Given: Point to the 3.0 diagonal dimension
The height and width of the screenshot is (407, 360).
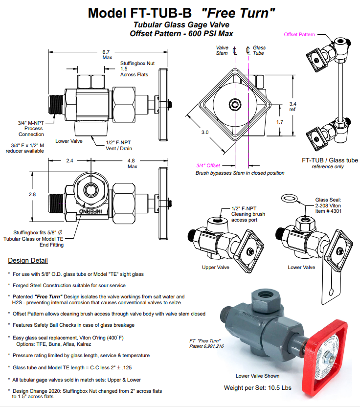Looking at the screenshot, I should click(x=204, y=132).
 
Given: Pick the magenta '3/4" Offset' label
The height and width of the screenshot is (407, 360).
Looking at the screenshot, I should click(x=207, y=165).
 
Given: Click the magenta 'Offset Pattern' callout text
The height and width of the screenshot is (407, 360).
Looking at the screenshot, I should click(x=299, y=35).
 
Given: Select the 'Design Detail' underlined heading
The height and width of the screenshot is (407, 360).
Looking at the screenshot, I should click(x=28, y=260).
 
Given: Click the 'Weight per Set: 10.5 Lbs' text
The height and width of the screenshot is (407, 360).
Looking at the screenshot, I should click(x=257, y=388).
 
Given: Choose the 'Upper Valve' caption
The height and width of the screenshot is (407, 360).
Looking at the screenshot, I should click(x=216, y=268).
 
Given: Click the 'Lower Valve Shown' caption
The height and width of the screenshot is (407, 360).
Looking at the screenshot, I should click(x=257, y=376).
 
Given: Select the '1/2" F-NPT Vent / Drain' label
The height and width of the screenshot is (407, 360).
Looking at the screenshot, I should click(x=120, y=145).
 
